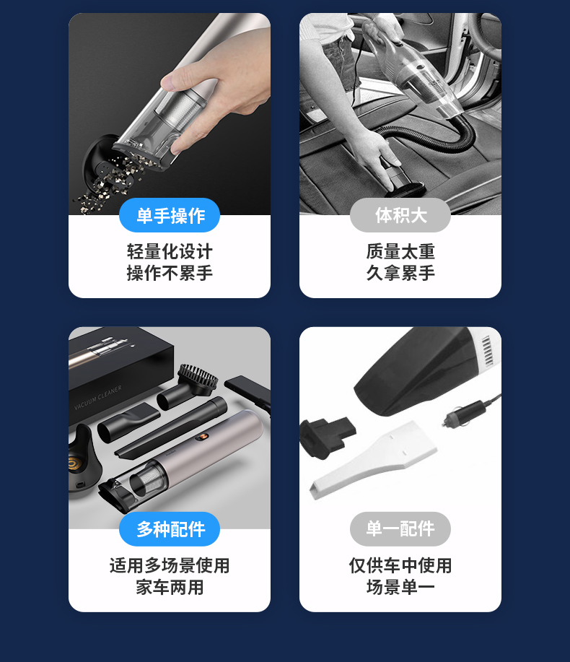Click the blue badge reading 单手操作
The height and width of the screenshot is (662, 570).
170,215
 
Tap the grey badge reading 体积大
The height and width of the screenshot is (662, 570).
400,215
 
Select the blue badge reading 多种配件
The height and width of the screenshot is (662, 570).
170,529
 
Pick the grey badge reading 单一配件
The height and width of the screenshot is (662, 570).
400,529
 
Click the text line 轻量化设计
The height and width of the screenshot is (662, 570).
170,252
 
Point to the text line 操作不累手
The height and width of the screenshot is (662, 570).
170,273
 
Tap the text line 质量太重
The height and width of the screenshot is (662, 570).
400,252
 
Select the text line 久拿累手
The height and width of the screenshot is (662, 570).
400,273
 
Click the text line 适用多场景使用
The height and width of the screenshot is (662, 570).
170,566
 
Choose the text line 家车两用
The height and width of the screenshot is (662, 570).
170,587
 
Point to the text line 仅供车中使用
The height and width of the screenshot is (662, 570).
400,566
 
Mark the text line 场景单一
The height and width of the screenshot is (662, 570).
400,587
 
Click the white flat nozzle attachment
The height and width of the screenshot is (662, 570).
374,460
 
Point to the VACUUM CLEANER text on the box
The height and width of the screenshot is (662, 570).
98,398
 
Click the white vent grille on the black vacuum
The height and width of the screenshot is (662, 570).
487,350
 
